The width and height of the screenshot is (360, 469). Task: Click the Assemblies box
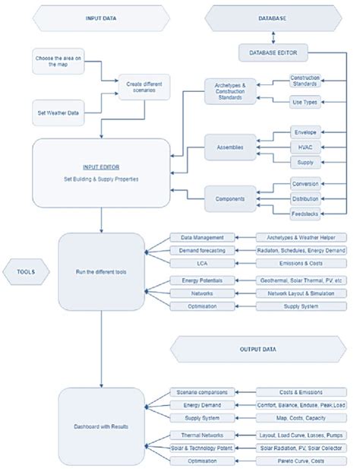[229, 147]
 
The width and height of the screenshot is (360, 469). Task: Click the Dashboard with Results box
[100, 426]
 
